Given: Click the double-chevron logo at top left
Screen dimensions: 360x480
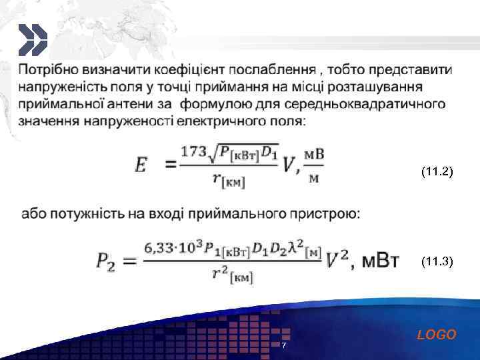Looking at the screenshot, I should point(32,40).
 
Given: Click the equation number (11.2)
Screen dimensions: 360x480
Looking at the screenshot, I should point(437,172).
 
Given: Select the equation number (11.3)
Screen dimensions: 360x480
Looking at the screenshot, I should point(437,263).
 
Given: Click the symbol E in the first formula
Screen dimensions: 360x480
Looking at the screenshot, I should point(141,165).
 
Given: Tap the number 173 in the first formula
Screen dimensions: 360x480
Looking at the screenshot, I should point(194,151).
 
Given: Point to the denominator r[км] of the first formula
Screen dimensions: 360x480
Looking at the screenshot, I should point(229,179).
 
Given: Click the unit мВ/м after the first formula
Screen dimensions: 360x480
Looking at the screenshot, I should point(314,163).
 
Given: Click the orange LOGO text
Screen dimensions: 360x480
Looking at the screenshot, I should point(437,335).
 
